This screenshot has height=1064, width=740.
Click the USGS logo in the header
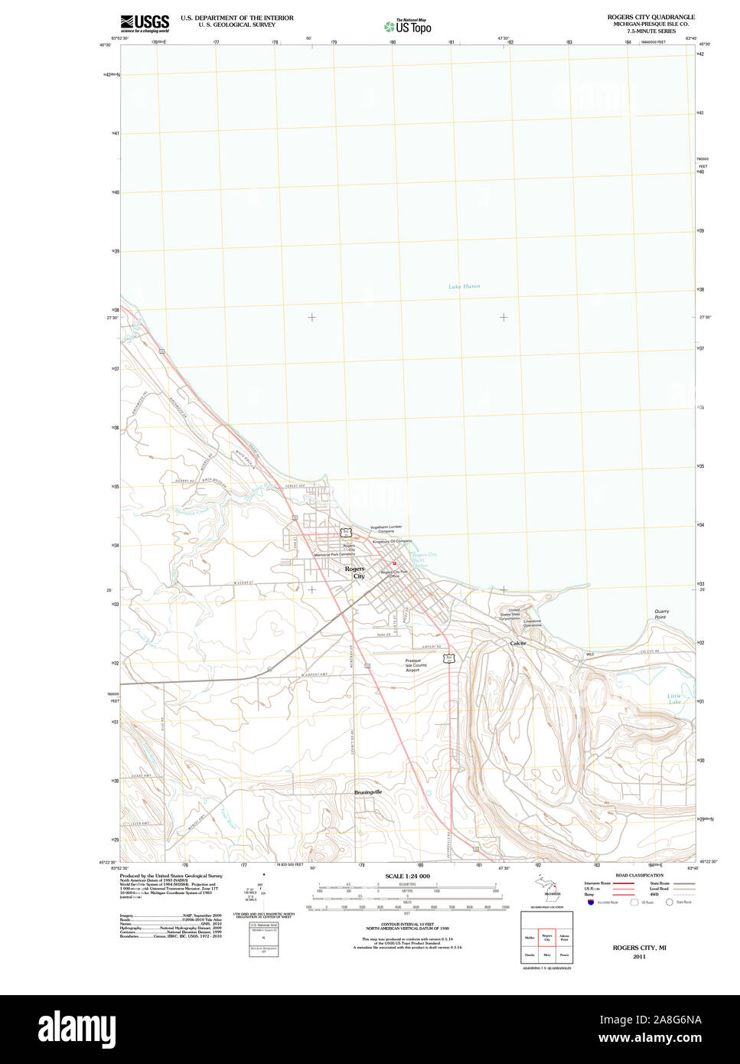[x=145, y=22]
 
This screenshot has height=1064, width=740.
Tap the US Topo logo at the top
[x=408, y=26]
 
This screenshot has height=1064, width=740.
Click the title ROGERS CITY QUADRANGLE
[x=650, y=16]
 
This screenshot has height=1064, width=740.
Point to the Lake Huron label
[x=465, y=286]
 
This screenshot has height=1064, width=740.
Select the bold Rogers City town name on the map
[x=355, y=573]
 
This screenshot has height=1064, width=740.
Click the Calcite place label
[x=518, y=644]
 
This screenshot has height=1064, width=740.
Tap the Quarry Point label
[x=661, y=614]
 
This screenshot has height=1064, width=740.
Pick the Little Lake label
[x=674, y=699]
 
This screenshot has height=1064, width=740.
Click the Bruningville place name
[x=368, y=791]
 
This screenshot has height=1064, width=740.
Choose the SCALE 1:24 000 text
[x=407, y=876]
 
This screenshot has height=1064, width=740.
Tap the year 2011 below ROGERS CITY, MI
[x=638, y=957]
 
